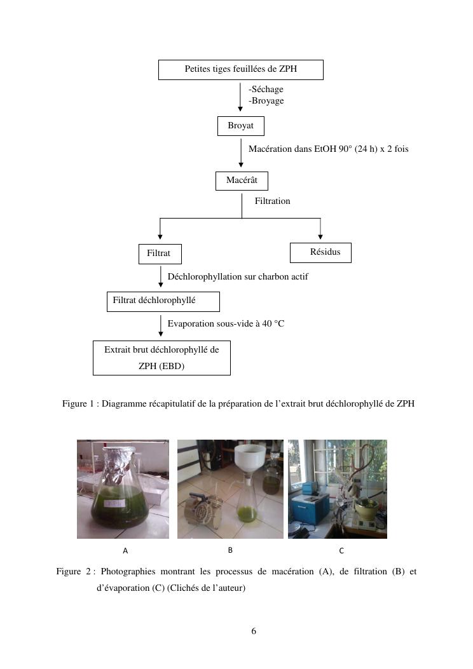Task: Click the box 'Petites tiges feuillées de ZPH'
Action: coord(241,69)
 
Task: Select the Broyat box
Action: coord(240,126)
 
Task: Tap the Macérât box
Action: coord(242,180)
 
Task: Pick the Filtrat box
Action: coord(159,253)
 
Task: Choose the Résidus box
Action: coord(320,252)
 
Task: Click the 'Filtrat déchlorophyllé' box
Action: coord(163,301)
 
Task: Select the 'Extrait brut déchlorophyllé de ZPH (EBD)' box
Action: coord(161,358)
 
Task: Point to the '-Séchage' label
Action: coord(266,90)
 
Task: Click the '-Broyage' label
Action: coord(266,101)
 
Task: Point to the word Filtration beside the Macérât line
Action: coord(272,201)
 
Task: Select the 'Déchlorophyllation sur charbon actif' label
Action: coord(238,277)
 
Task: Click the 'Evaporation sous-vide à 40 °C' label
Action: coord(226,324)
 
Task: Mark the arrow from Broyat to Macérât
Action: coord(241,154)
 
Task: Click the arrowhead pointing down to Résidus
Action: coord(320,236)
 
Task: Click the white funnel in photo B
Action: coord(250,459)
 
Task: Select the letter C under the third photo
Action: coord(341,551)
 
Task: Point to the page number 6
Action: coord(254,632)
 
